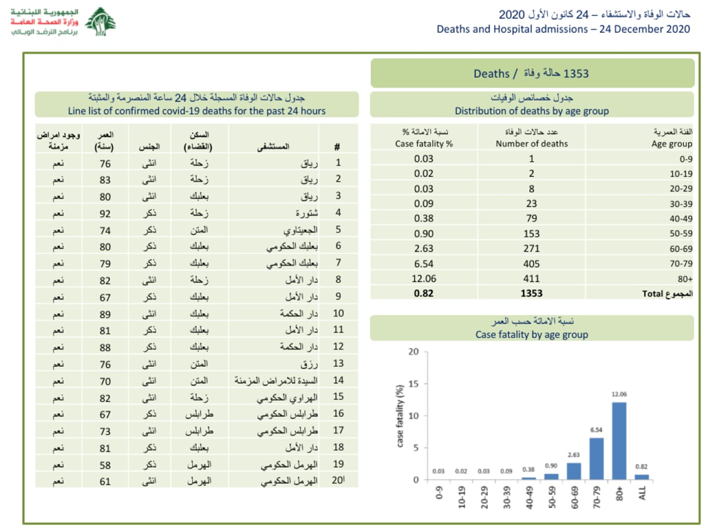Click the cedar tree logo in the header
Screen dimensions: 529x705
click(100, 23)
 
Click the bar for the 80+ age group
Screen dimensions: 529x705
click(619, 441)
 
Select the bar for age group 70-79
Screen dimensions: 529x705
click(596, 458)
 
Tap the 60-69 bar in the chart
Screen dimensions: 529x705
click(574, 471)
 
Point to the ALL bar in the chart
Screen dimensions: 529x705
click(642, 477)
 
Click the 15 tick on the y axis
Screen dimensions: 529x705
click(414, 384)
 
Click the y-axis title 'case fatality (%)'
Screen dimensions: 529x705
click(400, 416)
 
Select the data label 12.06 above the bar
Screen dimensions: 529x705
click(619, 395)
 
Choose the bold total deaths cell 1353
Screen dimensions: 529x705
click(531, 293)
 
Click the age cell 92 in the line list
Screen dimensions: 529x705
click(105, 213)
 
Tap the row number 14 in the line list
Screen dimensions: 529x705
click(338, 380)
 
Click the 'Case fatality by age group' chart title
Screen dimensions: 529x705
click(531, 335)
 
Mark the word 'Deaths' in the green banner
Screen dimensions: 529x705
click(491, 73)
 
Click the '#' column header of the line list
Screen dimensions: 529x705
click(337, 147)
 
